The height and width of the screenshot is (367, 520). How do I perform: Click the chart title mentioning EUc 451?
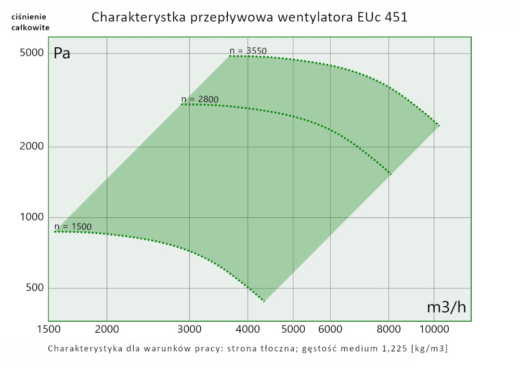coord(250,17)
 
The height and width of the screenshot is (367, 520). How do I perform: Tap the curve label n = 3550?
coord(248,50)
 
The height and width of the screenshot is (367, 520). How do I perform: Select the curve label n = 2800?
coord(200,99)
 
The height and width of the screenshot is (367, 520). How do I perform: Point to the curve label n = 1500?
coord(73,226)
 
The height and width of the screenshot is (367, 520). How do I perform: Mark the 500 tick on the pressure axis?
coord(35,288)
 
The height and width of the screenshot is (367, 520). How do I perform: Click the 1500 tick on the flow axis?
coord(48,329)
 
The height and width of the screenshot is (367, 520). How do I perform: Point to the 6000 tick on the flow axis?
coord(330,329)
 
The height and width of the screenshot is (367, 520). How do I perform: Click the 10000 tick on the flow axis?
coord(434,329)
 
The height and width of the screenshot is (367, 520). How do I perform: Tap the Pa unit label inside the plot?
coord(62,54)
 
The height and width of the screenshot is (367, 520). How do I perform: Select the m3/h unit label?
coord(446,307)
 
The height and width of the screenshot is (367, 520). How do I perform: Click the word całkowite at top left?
coord(31,27)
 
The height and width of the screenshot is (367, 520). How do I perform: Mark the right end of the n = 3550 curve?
coord(439,126)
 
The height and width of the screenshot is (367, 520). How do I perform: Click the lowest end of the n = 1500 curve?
coord(264,301)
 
